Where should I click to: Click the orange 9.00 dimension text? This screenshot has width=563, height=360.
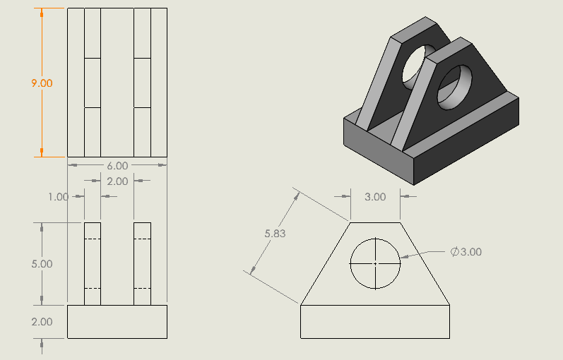coord(42,83)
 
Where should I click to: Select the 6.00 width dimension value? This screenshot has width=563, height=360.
coord(117,166)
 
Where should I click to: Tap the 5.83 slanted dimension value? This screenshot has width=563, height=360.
coord(275,234)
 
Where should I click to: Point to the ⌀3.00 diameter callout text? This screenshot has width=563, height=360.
coord(466,252)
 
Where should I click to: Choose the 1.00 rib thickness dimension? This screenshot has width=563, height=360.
coord(58,197)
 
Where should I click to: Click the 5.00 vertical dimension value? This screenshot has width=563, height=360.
coord(42,264)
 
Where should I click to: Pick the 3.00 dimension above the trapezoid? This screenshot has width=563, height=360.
coord(375,197)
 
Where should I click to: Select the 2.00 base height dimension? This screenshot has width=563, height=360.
coord(42,322)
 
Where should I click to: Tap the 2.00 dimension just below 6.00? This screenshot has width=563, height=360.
coord(117,181)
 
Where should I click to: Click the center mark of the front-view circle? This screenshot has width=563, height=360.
coord(376,263)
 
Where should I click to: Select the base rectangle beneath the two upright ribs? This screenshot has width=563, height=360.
coord(117,322)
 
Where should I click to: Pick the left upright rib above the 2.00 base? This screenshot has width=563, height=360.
coord(93,264)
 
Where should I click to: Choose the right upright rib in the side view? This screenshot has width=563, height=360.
coord(143,264)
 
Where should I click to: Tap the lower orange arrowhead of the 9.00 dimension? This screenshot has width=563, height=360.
coord(42,151)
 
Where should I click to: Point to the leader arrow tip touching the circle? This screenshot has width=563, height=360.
coord(401,257)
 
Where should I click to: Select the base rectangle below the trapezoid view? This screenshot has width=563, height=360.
coord(376,322)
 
